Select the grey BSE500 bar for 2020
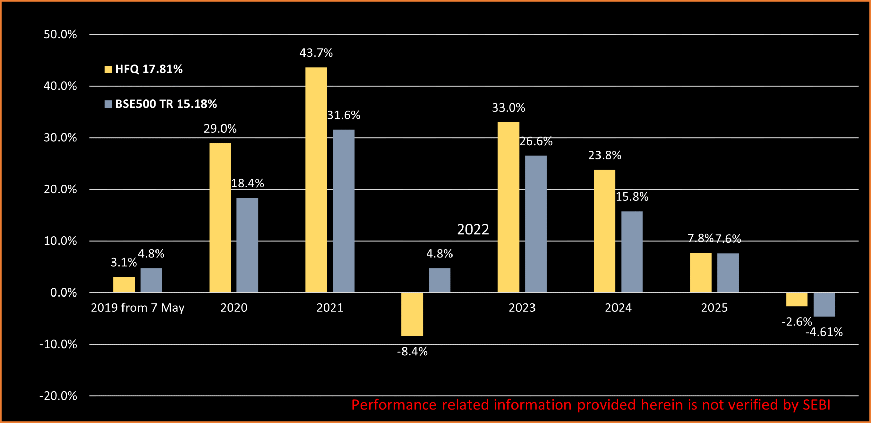247,245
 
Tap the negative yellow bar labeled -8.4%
412,314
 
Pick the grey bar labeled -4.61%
824,305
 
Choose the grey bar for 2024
632,252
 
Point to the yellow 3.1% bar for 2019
124,285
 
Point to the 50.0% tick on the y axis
60,34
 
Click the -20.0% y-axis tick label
58,396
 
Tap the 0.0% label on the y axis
63,292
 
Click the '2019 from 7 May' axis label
137,308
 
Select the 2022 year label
473,230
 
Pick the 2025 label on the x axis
714,308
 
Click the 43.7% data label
316,53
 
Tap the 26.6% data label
536,141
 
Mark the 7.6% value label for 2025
728,239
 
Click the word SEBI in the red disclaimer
817,405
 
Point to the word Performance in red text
394,405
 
